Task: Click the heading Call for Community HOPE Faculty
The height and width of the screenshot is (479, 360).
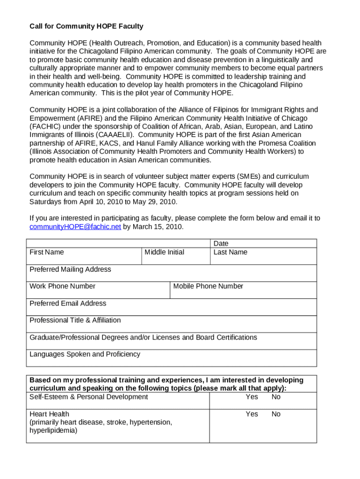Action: [x=86, y=26]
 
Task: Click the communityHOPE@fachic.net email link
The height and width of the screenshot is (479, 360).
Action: [x=75, y=227]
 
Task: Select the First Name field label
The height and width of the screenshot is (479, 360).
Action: [x=47, y=252]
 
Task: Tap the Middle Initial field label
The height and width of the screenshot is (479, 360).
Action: [x=164, y=252]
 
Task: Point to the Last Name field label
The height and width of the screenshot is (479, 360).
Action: [x=230, y=252]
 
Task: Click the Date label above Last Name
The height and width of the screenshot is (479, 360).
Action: [x=221, y=244]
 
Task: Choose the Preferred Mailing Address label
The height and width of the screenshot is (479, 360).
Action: [x=71, y=269]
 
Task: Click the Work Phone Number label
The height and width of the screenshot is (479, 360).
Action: [x=63, y=286]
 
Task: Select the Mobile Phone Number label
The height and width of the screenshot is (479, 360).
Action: [x=208, y=286]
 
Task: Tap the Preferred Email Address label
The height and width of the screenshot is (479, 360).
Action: [x=68, y=304]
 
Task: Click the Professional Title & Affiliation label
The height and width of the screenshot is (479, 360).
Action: [x=75, y=320]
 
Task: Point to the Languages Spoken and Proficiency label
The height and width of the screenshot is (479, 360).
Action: [x=85, y=354]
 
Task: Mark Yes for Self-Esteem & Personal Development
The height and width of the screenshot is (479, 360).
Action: [x=252, y=397]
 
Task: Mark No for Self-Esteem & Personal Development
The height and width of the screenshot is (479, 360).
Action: [x=276, y=397]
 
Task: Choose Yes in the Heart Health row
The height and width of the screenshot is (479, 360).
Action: [x=252, y=414]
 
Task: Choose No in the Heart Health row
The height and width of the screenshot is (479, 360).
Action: [x=276, y=414]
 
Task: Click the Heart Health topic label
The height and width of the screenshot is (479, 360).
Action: [x=50, y=414]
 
